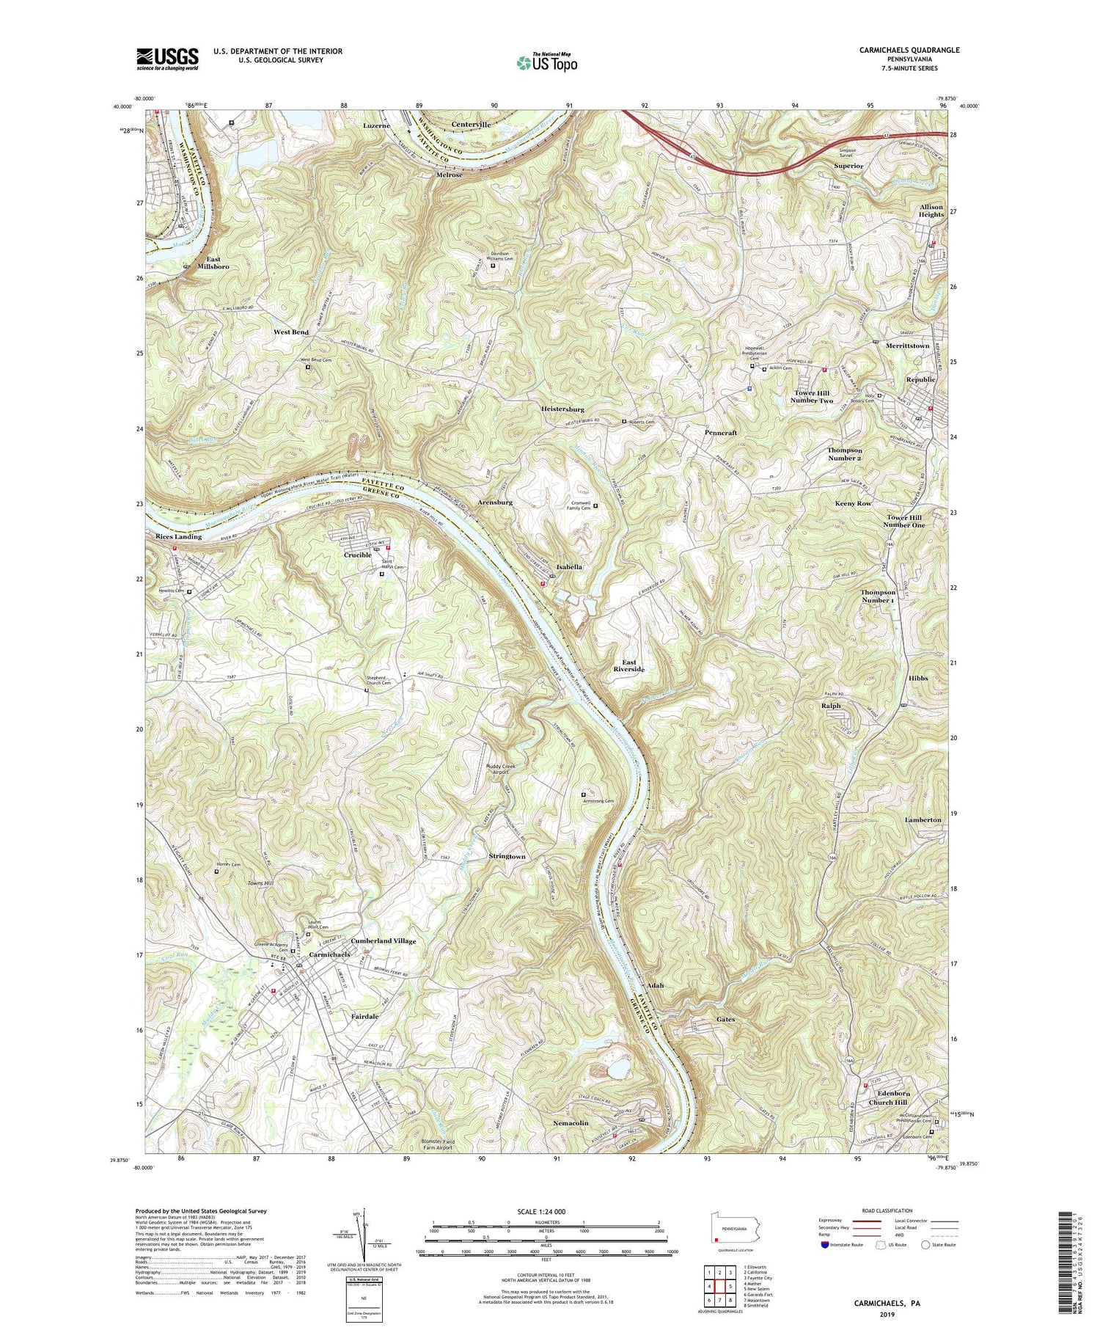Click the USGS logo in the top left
click(x=166, y=59)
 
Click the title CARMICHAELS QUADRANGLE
click(x=898, y=50)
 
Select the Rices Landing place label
click(x=178, y=536)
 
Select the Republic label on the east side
click(x=920, y=379)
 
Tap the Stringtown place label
click(x=507, y=856)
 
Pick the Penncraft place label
click(x=720, y=433)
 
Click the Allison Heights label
click(x=931, y=211)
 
